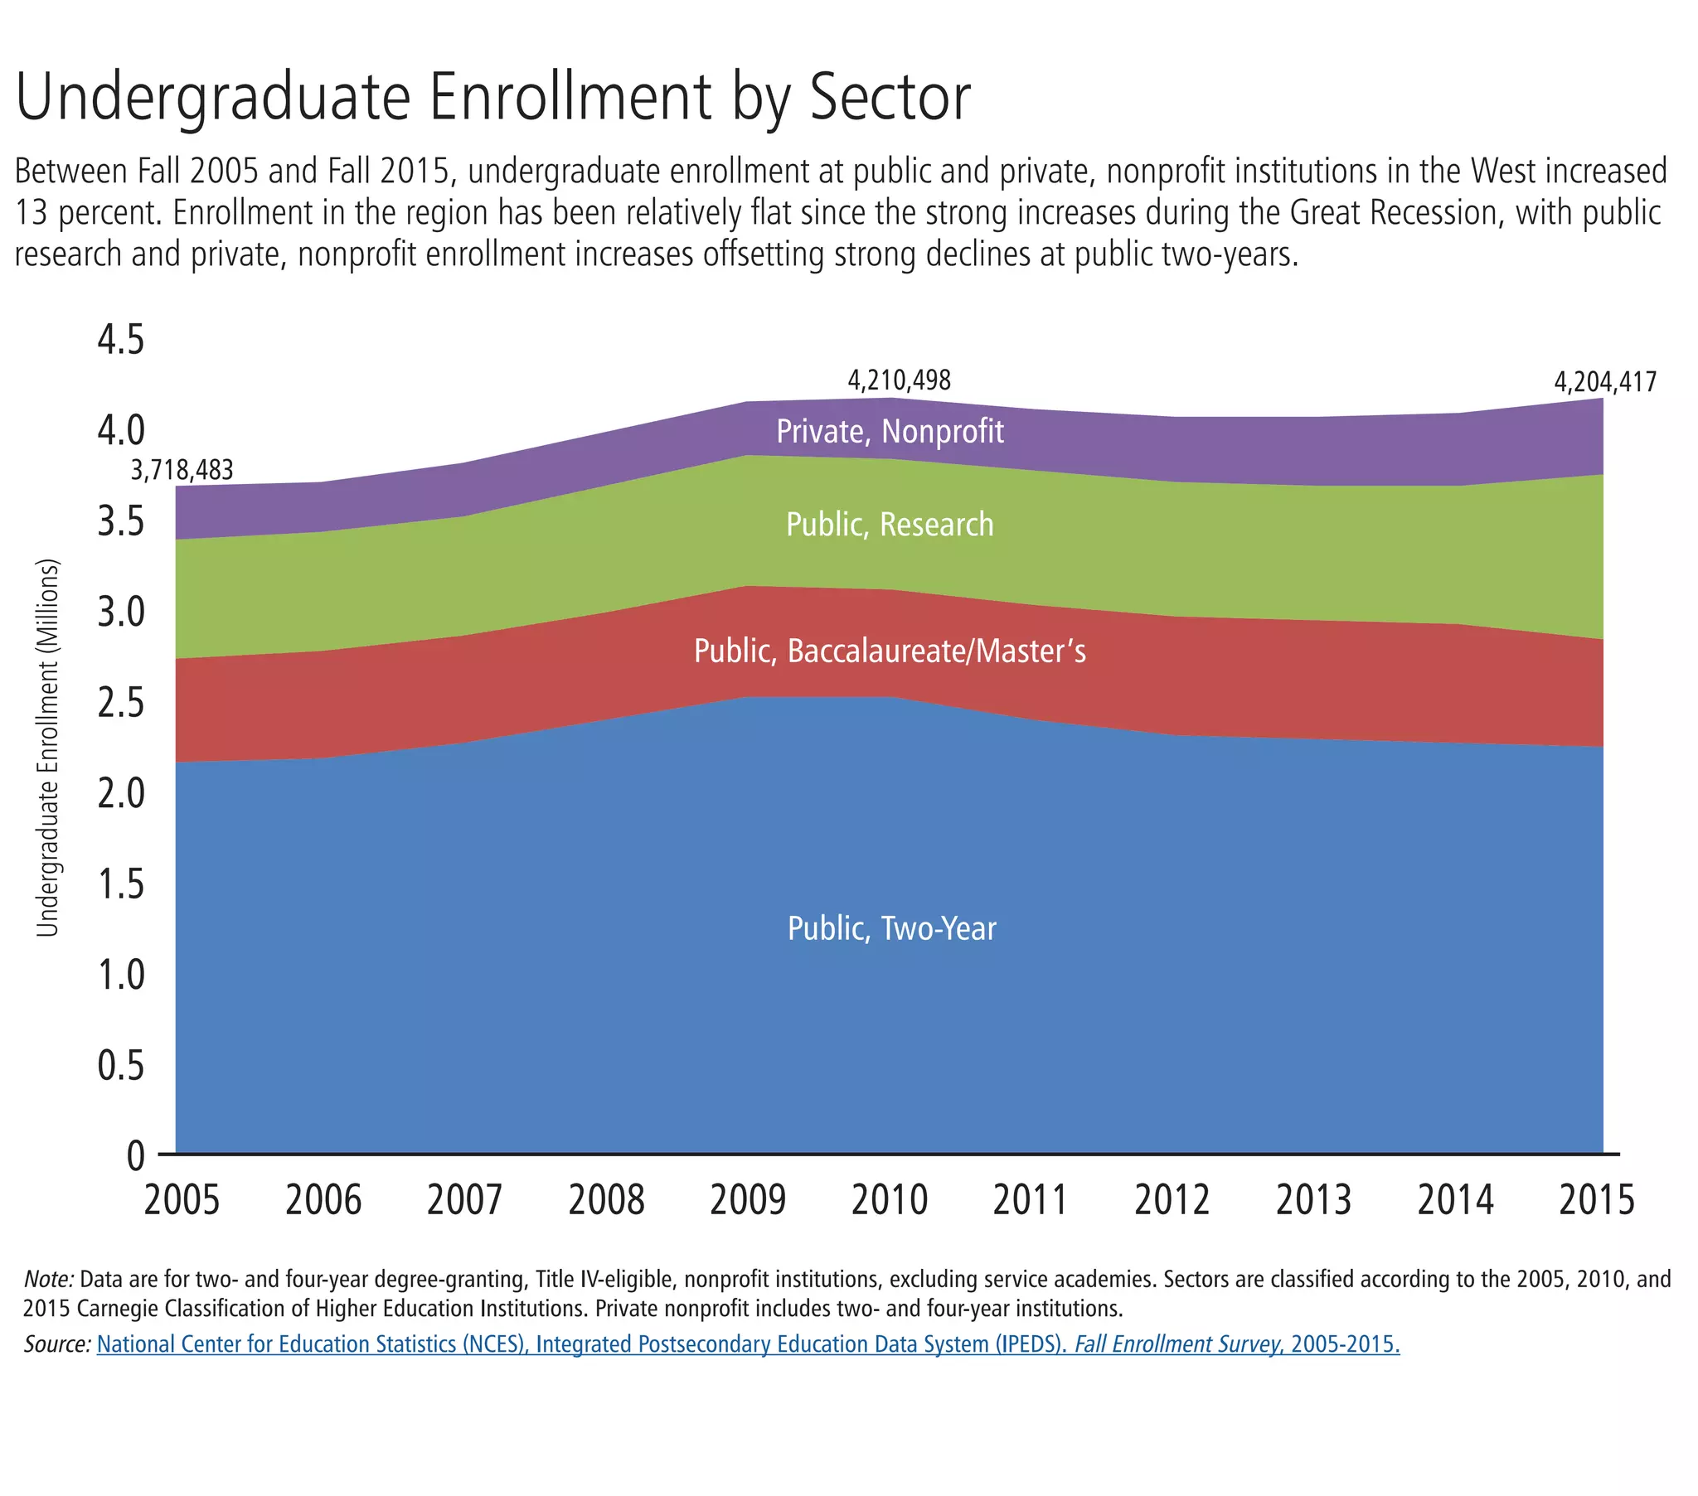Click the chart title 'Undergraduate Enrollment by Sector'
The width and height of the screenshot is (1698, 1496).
pos(492,98)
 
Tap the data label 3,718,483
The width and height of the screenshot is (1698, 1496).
pos(182,470)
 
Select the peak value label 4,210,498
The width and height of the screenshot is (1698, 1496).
pos(899,380)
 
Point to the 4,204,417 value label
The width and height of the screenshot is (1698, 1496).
pos(1605,382)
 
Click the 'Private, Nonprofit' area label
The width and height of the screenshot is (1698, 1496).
pos(890,432)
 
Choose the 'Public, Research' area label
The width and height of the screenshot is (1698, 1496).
pos(890,525)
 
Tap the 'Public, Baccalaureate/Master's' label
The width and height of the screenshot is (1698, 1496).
pos(890,651)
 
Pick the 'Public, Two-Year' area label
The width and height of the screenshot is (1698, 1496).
pos(891,928)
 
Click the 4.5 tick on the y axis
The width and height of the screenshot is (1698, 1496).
pos(121,340)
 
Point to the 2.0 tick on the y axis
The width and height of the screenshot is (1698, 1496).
pos(121,793)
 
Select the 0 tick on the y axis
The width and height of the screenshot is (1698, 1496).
pos(135,1155)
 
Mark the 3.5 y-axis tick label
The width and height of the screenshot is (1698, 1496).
pos(121,521)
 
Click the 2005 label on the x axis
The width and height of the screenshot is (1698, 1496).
pos(182,1200)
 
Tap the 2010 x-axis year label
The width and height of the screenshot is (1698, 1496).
pos(889,1200)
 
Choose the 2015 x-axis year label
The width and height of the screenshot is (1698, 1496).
pos(1596,1200)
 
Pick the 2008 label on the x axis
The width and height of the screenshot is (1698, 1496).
pos(606,1200)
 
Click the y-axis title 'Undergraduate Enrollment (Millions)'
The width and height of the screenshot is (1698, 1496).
pos(48,748)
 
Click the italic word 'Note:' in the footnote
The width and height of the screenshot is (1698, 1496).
pos(49,1279)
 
